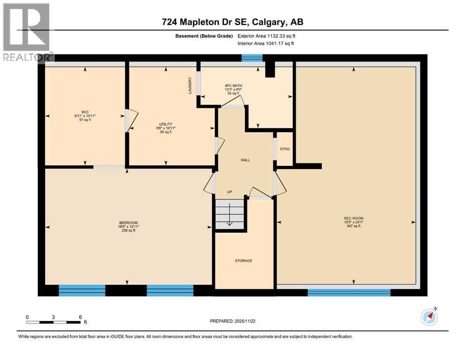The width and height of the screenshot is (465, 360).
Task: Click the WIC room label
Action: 85,112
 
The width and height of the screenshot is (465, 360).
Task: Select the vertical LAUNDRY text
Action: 190,85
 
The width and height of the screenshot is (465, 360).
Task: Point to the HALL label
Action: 245,160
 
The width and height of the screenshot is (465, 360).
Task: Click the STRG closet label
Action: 285,149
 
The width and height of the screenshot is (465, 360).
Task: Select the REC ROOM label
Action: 354,218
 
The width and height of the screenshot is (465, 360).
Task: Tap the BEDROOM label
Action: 128,222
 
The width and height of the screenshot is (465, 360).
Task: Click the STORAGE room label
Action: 244,261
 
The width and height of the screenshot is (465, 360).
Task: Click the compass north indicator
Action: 429,317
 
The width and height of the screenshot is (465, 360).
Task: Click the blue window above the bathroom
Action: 252,58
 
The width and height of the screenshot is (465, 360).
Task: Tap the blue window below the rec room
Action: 348,292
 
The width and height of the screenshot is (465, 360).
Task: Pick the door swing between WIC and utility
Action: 131,120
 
